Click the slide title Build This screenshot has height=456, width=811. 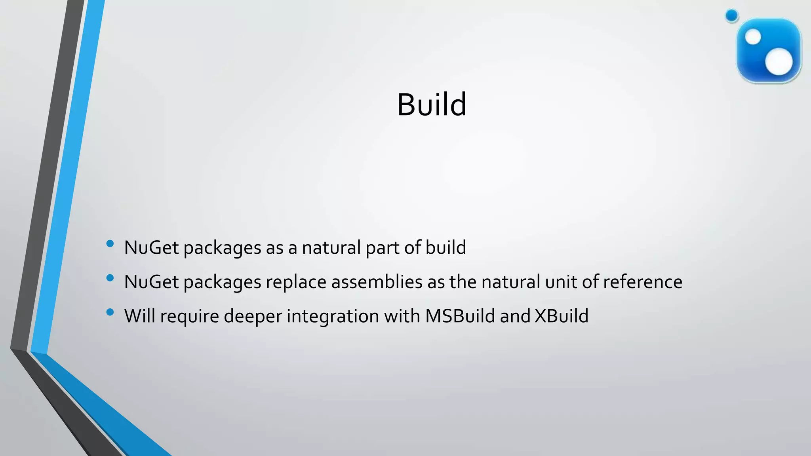tap(432, 104)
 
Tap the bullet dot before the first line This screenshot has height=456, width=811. tap(110, 243)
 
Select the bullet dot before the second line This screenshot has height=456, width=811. tap(110, 278)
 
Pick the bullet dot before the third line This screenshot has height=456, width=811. tap(110, 312)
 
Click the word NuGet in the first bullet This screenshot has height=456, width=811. tap(151, 248)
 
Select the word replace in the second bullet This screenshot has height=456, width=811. tap(296, 282)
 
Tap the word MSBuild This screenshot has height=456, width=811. tap(460, 316)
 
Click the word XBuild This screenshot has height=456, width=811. tap(561, 316)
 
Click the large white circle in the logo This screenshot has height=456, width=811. tap(779, 62)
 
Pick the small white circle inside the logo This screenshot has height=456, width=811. tap(753, 37)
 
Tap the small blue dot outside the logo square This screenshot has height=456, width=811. tap(732, 16)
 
